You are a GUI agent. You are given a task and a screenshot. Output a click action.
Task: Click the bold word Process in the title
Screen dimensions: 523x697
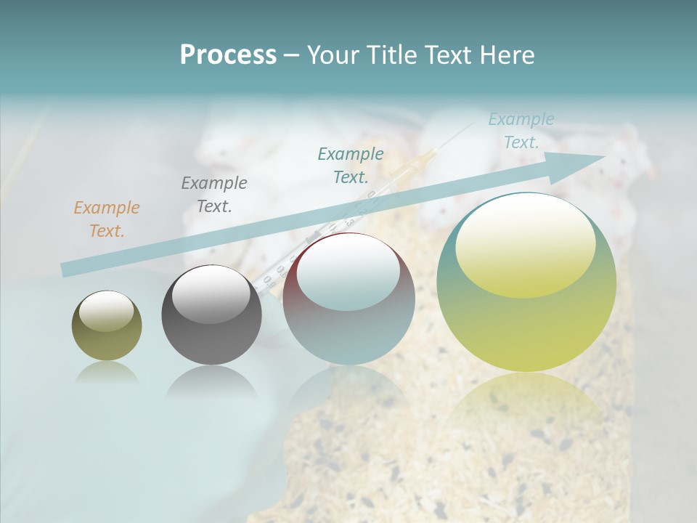[x=228, y=55]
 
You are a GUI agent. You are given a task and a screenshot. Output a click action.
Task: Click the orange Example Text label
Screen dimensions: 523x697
[x=107, y=219]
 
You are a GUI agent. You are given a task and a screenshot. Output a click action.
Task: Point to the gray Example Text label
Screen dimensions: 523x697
[x=214, y=194]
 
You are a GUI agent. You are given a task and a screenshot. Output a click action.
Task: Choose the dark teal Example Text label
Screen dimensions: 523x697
[x=351, y=165]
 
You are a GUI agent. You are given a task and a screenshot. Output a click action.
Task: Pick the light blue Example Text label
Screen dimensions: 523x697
[x=521, y=131]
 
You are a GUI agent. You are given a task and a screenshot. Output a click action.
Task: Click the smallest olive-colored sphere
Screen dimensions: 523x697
[x=107, y=325]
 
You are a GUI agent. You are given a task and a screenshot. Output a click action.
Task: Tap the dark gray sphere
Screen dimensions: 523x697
[x=211, y=315]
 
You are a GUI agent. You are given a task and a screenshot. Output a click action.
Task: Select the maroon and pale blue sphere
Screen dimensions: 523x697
[x=348, y=299]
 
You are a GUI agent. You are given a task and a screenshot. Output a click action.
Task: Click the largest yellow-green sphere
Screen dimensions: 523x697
[x=526, y=282]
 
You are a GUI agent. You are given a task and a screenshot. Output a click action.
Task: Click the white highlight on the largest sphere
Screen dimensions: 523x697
[x=525, y=243]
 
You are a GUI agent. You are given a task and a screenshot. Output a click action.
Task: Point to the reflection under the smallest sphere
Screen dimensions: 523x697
[x=107, y=372]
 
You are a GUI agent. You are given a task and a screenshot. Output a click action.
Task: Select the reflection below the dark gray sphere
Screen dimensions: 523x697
[x=211, y=381]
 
